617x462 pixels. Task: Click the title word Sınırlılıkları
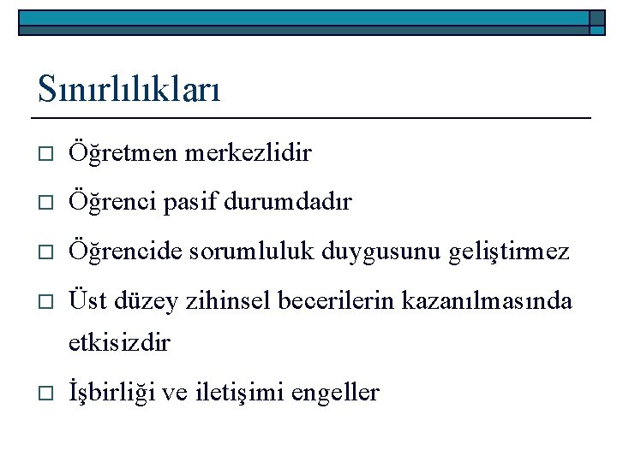point(129,88)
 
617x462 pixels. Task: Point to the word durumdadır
point(297,203)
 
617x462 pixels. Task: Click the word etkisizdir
point(120,344)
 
